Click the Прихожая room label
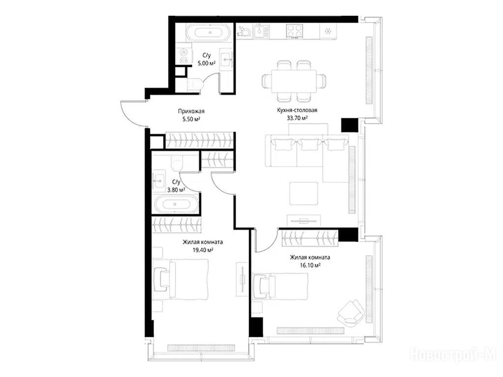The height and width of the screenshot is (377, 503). point(191,111)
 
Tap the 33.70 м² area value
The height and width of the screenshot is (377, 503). point(297,118)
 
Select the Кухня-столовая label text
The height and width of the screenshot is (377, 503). point(297,110)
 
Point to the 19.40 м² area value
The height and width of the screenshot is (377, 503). point(203,250)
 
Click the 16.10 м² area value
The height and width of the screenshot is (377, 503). point(310,265)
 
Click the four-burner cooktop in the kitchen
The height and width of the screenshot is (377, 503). point(295,31)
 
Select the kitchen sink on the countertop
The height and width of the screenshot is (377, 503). point(261,31)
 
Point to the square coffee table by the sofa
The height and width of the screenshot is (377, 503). point(304,193)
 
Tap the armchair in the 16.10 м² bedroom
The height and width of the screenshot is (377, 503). point(351,312)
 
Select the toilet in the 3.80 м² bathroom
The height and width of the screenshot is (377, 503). point(176,162)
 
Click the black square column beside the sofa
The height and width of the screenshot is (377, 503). point(349,125)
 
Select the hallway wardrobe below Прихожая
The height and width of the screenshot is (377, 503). point(199,140)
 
